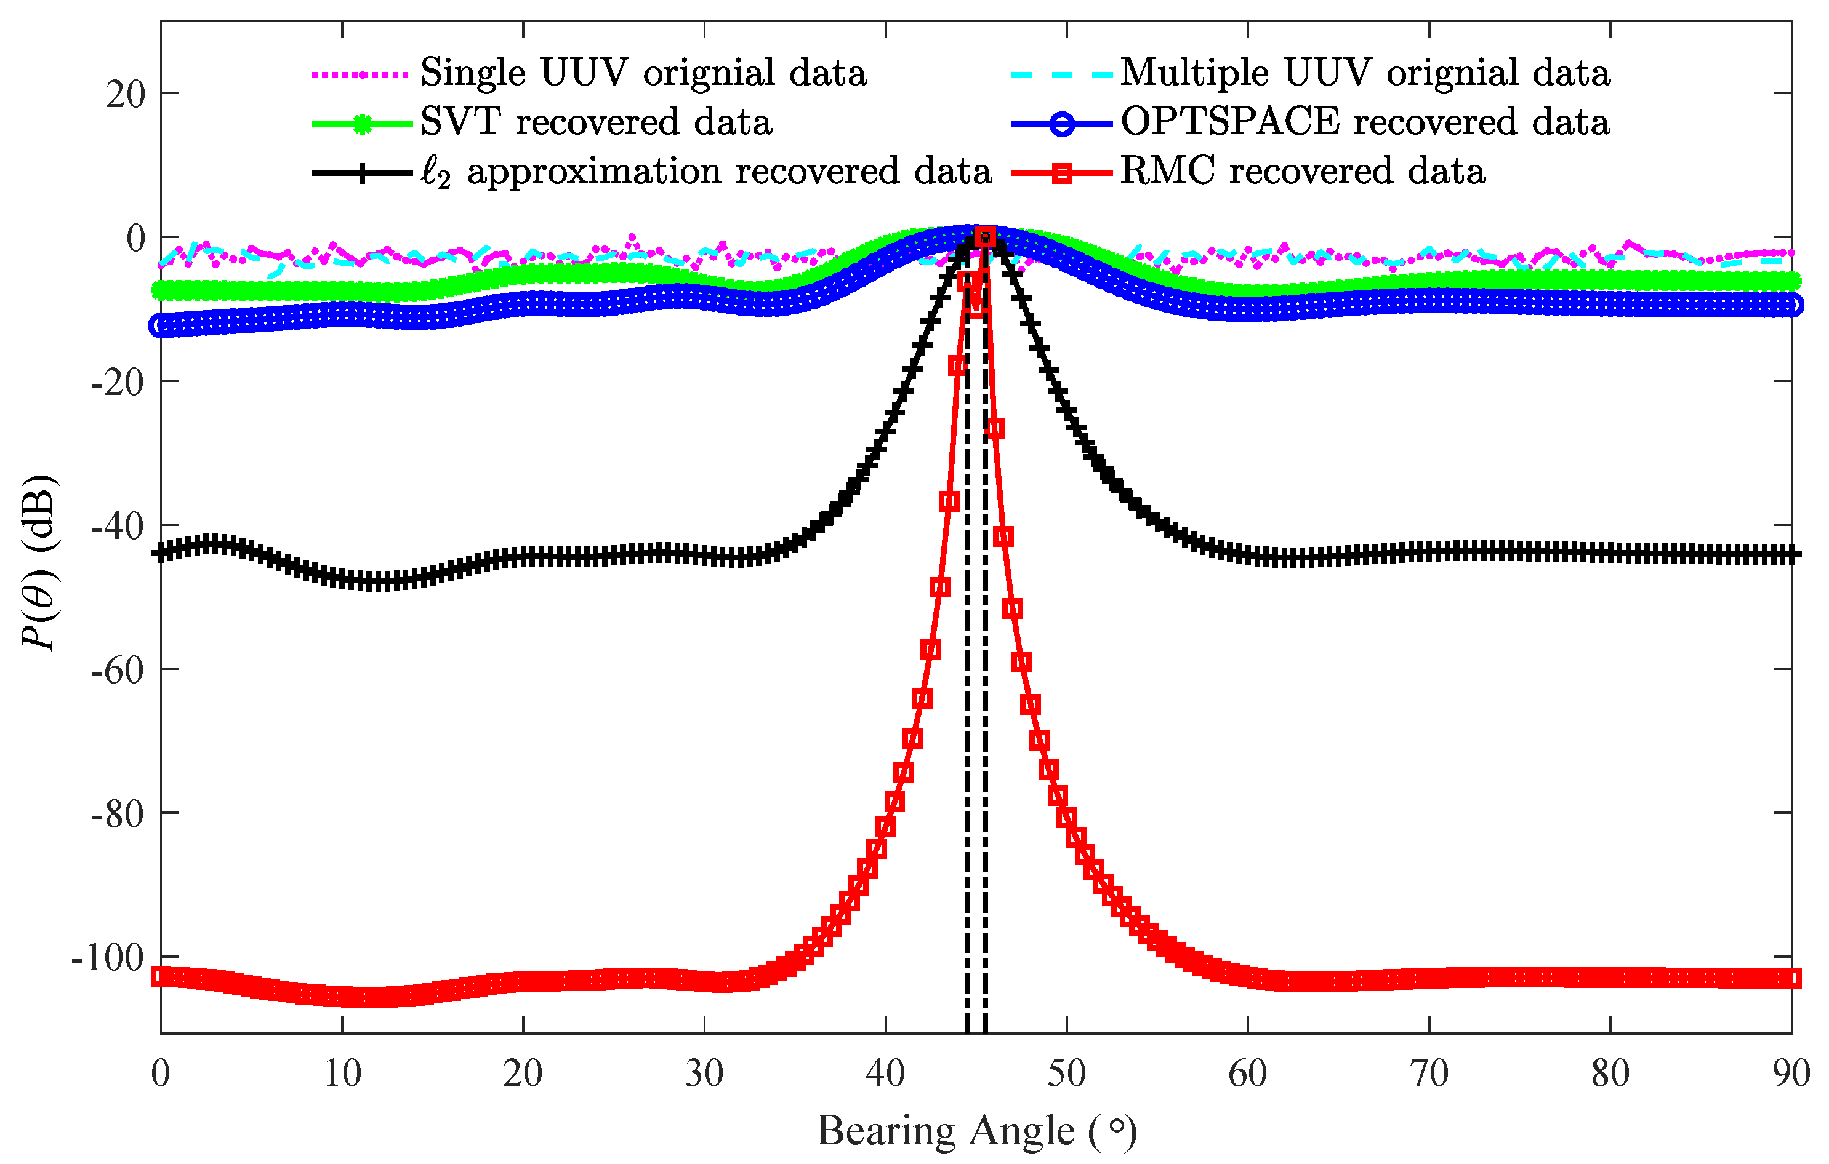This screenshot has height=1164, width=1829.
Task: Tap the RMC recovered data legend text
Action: point(1303,171)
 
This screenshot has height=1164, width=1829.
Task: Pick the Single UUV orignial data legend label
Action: point(643,73)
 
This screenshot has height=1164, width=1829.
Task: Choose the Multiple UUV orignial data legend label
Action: point(1365,73)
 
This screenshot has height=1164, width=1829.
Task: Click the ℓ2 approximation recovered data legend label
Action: point(706,172)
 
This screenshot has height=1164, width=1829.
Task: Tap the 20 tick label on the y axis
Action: point(126,95)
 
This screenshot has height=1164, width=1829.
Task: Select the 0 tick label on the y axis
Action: point(135,239)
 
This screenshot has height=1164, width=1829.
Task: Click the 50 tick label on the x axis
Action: point(1066,1074)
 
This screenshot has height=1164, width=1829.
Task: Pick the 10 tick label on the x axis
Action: point(342,1074)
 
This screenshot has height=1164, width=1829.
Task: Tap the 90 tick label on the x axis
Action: point(1790,1074)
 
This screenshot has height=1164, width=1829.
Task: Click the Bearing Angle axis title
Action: point(977,1131)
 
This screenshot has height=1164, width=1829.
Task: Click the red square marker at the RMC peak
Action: point(985,237)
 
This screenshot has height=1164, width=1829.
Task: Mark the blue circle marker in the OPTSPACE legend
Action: point(1063,124)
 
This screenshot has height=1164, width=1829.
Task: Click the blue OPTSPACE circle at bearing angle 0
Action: point(160,325)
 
